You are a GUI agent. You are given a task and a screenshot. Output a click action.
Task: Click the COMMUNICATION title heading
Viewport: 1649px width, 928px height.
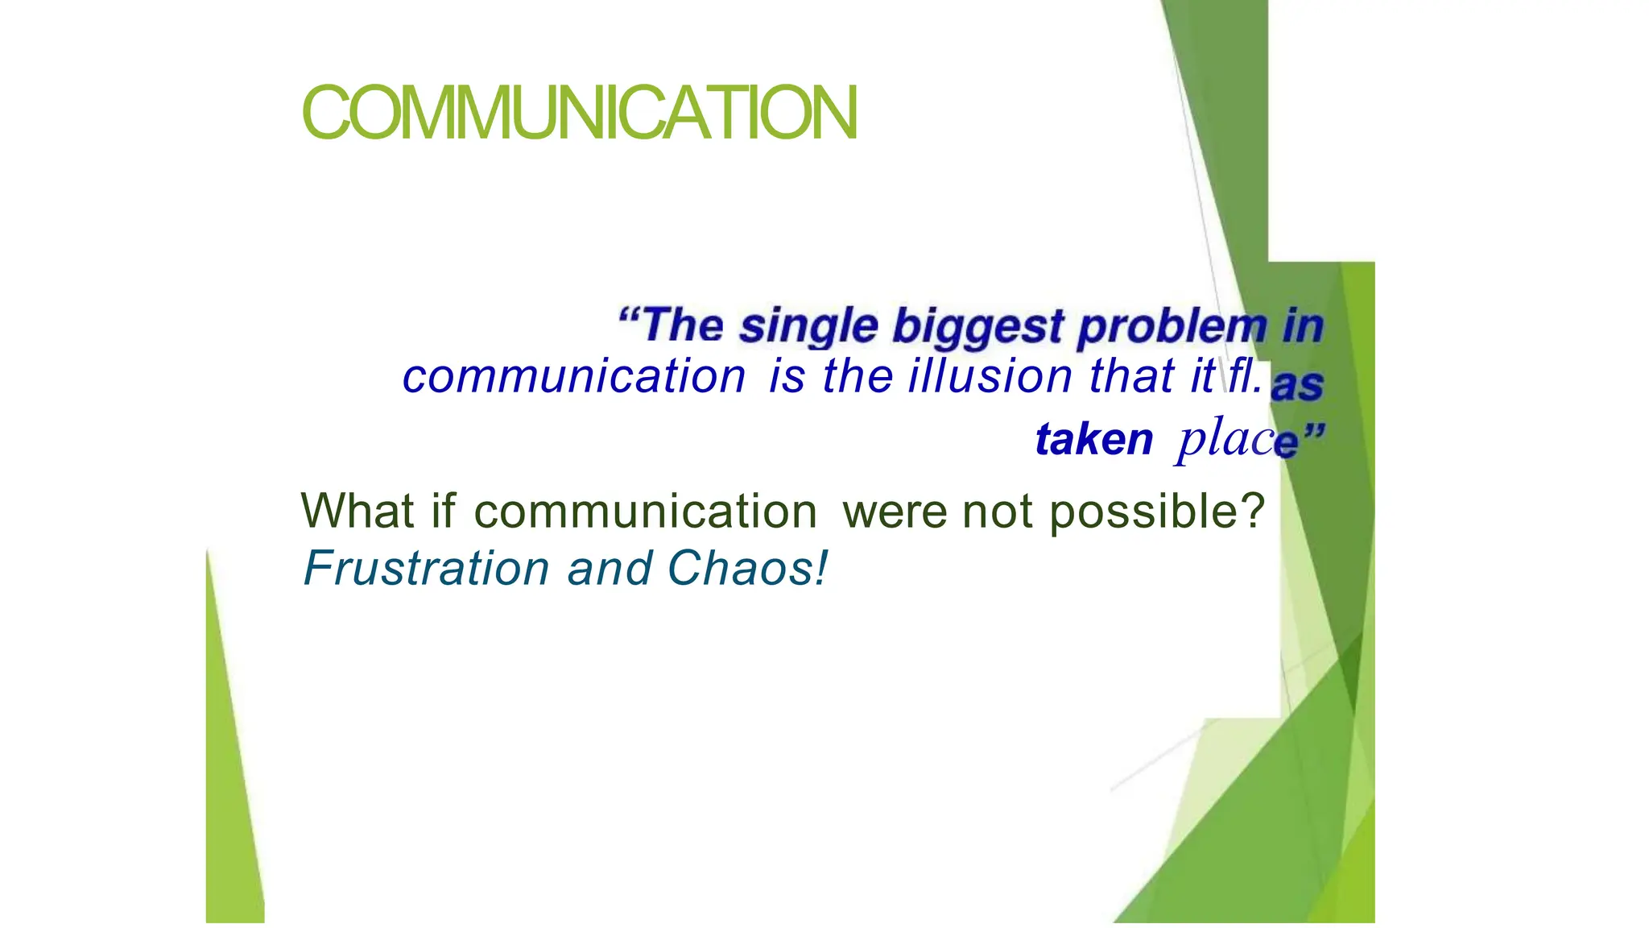click(579, 113)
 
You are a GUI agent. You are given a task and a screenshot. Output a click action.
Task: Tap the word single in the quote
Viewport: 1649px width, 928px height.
click(808, 326)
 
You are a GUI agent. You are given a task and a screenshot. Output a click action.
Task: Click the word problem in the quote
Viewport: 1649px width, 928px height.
click(1172, 328)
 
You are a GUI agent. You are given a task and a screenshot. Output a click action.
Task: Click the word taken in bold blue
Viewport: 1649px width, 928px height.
click(1094, 440)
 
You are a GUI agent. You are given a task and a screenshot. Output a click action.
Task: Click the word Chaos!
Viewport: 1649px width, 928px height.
click(746, 568)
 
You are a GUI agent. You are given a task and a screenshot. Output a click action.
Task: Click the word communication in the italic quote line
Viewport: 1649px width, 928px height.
click(574, 377)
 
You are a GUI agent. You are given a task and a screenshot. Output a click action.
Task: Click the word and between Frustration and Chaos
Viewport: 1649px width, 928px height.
click(610, 568)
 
